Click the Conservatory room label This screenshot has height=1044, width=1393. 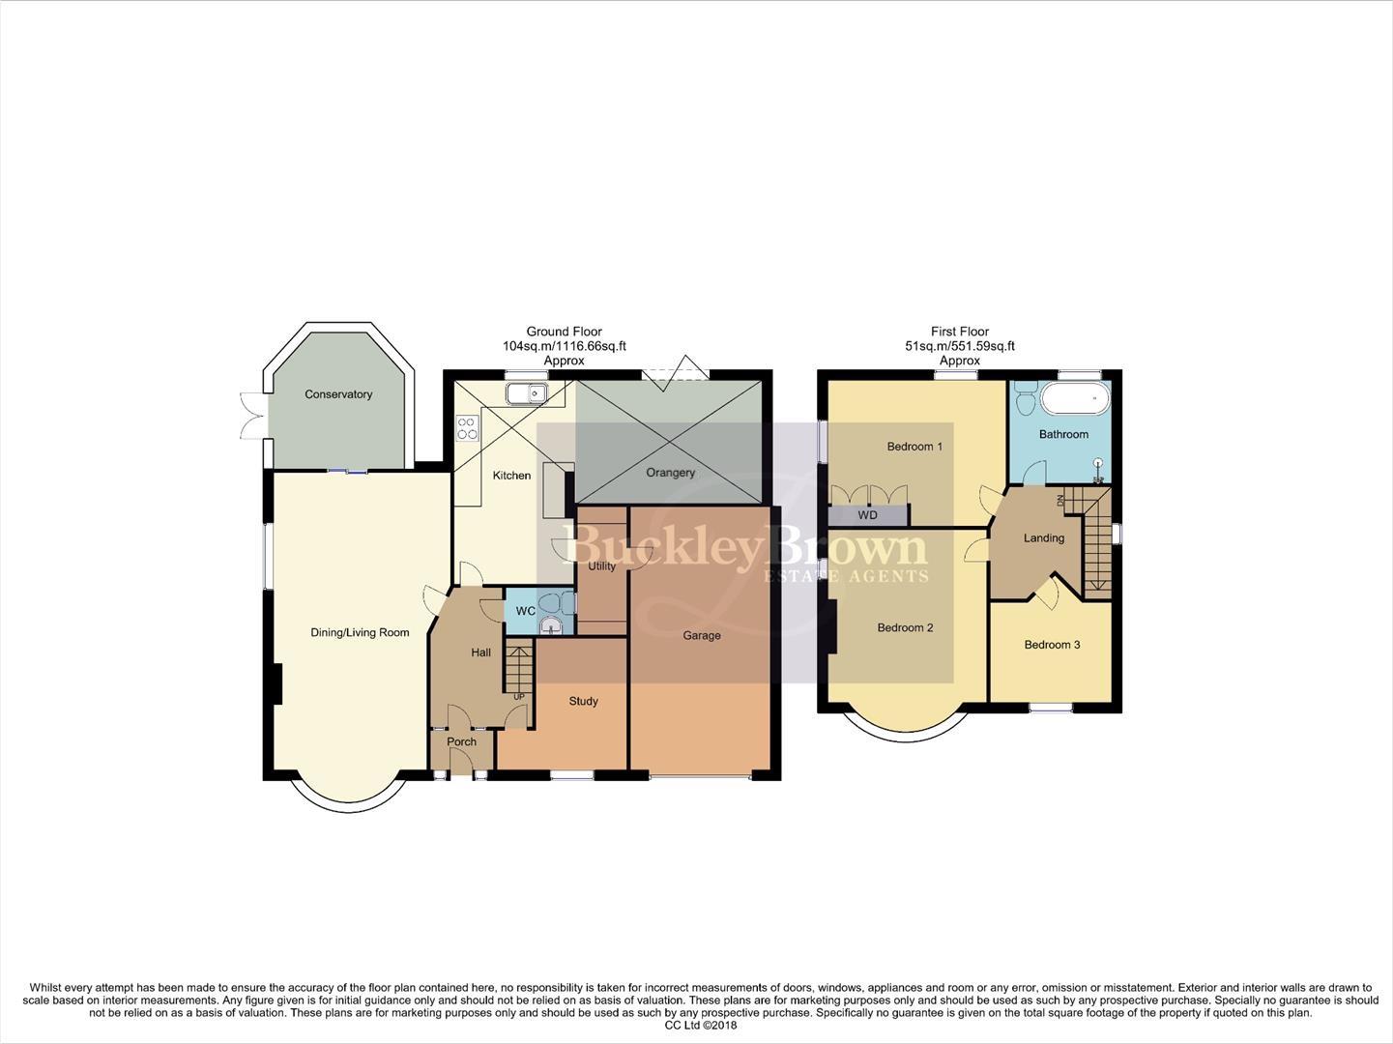(338, 394)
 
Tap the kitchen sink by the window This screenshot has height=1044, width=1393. (527, 392)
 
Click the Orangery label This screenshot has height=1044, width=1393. (671, 473)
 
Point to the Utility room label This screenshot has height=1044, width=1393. (601, 566)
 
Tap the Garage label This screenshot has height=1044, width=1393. (702, 635)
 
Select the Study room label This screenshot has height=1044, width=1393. (583, 701)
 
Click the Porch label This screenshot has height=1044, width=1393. (462, 742)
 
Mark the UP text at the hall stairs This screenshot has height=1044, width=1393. (519, 697)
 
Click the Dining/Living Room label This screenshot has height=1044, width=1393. (360, 633)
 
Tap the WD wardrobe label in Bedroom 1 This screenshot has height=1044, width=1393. (867, 515)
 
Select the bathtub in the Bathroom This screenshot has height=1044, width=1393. (1075, 397)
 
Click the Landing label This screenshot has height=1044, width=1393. (1044, 538)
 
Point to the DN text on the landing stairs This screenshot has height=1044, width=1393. (1059, 500)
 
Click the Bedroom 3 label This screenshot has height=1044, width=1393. (1052, 645)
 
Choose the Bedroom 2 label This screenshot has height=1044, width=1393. (905, 628)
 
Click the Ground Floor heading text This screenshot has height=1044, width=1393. (564, 332)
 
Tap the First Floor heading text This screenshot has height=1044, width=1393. (959, 332)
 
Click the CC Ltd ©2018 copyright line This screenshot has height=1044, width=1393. (701, 1026)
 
